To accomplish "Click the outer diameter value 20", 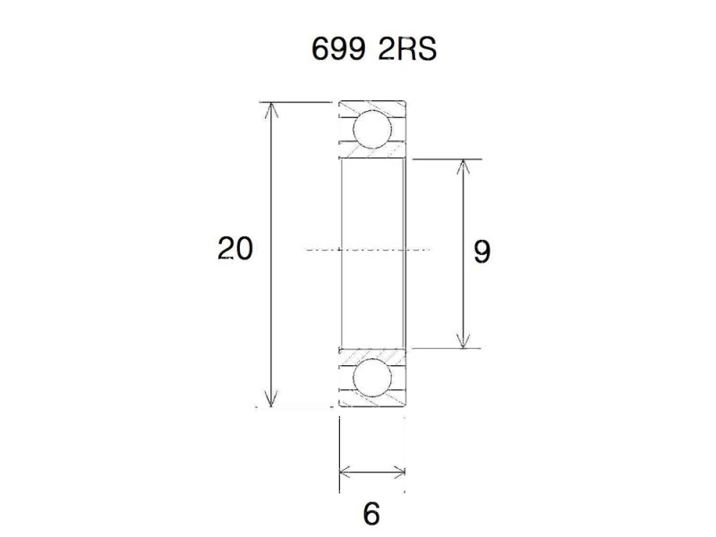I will pyautogui.click(x=234, y=249).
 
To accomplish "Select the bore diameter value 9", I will pyautogui.click(x=482, y=251).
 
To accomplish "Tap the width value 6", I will pyautogui.click(x=372, y=515).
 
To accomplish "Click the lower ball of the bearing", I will pyautogui.click(x=371, y=378).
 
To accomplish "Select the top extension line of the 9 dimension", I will pyautogui.click(x=447, y=159).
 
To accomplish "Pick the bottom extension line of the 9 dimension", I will pyautogui.click(x=447, y=348).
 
